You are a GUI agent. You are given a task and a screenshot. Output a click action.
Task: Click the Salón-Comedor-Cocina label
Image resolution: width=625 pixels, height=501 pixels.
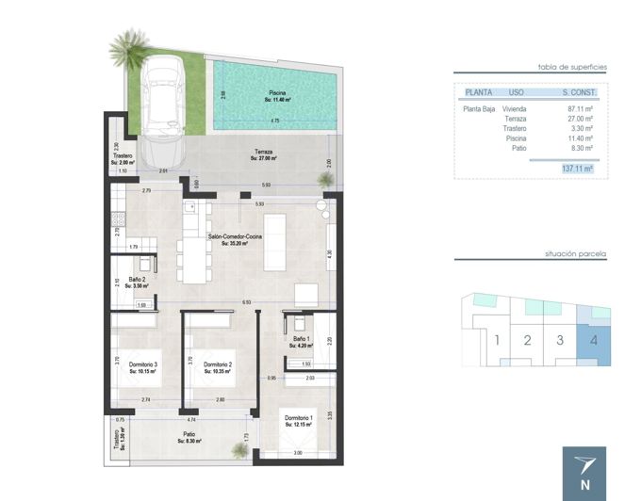(233, 239)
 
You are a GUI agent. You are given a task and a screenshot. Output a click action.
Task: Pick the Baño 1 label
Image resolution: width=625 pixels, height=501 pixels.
(300, 341)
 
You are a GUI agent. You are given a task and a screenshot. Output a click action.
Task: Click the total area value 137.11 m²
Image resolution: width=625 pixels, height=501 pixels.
(576, 169)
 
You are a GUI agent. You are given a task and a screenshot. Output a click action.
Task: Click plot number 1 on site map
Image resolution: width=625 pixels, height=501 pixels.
(496, 339)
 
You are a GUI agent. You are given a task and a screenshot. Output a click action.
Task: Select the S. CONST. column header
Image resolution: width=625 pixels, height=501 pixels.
(577, 92)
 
